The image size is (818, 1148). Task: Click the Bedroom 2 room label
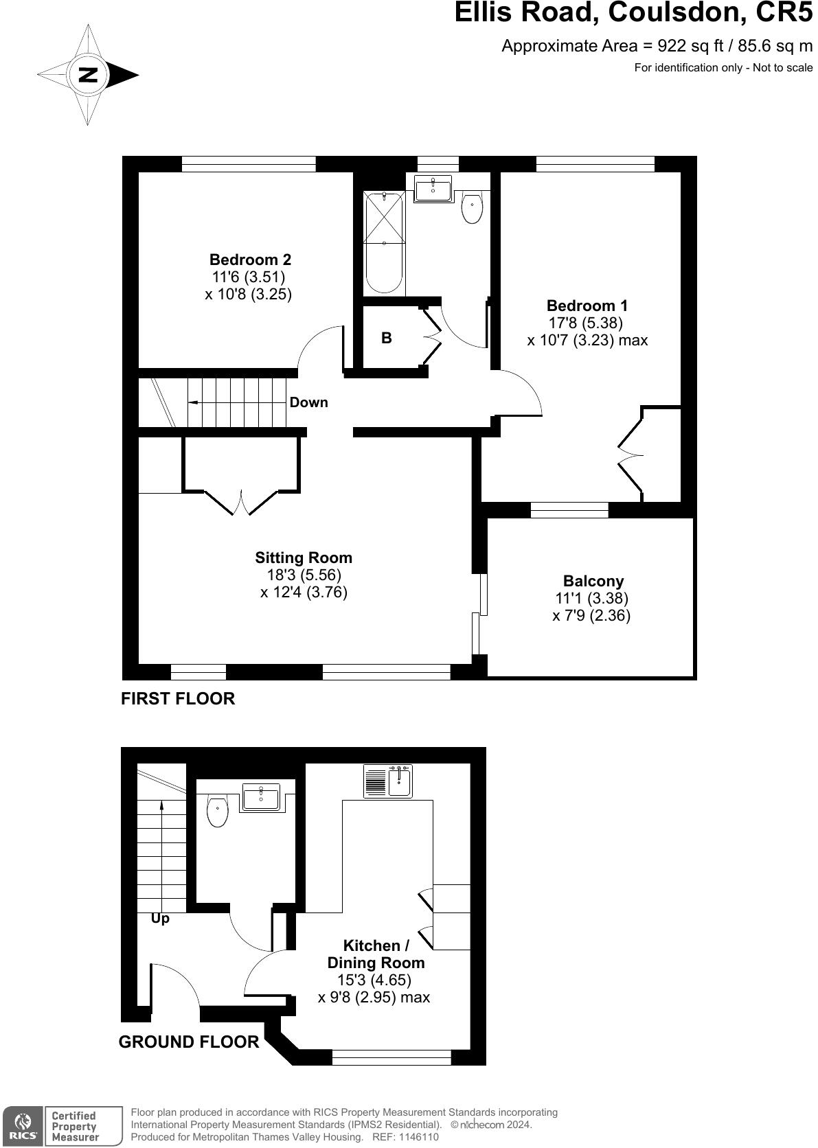[250, 260]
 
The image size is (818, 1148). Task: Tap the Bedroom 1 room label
[587, 306]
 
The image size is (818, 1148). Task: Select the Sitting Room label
[304, 558]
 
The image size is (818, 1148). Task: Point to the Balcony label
[593, 581]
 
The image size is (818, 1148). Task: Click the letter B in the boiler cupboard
[387, 338]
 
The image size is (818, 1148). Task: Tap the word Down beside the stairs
[308, 402]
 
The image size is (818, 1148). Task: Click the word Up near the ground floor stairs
[160, 918]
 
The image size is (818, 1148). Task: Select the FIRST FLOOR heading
[178, 698]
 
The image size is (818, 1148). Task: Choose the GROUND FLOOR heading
[189, 1042]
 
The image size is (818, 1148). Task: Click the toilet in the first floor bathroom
[472, 208]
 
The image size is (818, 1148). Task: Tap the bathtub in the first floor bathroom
[384, 242]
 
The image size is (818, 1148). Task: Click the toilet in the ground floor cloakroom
[218, 811]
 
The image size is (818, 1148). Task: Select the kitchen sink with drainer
[388, 781]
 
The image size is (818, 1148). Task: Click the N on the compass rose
[88, 75]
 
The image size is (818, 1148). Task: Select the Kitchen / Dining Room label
[376, 954]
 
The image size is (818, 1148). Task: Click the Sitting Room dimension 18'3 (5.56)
[304, 575]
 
